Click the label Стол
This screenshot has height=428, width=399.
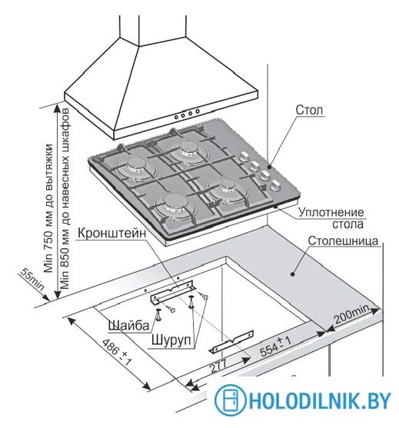tap(309, 110)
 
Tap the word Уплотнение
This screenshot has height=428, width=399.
tap(331, 212)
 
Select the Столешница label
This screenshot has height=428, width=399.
tap(343, 241)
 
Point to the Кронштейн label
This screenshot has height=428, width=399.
tap(111, 233)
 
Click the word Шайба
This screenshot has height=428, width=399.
tap(129, 325)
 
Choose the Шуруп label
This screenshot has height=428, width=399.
tap(171, 340)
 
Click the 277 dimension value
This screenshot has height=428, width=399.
tap(218, 367)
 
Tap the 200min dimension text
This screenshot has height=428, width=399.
tap(352, 314)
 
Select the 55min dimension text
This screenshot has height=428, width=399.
tap(32, 279)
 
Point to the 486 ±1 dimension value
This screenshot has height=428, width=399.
tap(117, 352)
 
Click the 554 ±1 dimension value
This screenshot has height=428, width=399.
tap(275, 347)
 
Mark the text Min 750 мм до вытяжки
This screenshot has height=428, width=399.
tap(48, 208)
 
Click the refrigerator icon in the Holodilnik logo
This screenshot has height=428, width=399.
tap(230, 400)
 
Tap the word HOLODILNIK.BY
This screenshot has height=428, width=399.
tap(320, 400)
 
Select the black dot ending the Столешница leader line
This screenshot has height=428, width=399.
tap(292, 274)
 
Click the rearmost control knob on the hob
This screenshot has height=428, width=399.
tap(244, 157)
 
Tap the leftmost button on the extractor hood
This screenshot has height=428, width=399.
tap(176, 117)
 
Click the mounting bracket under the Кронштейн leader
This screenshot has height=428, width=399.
tap(172, 292)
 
